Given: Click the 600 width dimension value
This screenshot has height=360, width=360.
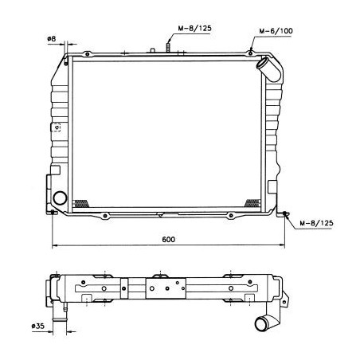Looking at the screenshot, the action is [x=168, y=240].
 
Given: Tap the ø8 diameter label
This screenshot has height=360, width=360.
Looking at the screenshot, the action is [x=52, y=39].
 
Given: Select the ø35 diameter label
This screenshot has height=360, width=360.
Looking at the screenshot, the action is [x=38, y=326].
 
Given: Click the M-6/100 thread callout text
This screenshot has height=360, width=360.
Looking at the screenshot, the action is [x=276, y=31].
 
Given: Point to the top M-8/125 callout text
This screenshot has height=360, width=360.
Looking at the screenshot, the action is [x=194, y=28].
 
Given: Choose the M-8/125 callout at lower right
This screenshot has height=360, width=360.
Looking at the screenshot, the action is [x=316, y=223].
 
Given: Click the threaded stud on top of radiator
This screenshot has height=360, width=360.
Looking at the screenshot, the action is [x=168, y=48].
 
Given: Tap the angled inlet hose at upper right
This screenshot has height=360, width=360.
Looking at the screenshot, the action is [x=268, y=69].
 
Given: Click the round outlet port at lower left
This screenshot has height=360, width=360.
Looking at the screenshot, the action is [x=60, y=198].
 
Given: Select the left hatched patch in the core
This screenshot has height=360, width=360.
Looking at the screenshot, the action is [x=81, y=204].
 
